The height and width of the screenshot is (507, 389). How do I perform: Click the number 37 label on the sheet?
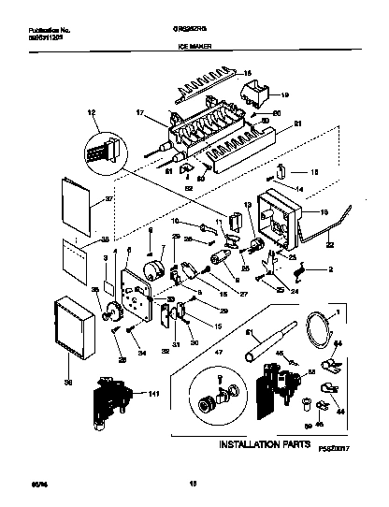point(82,198)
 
